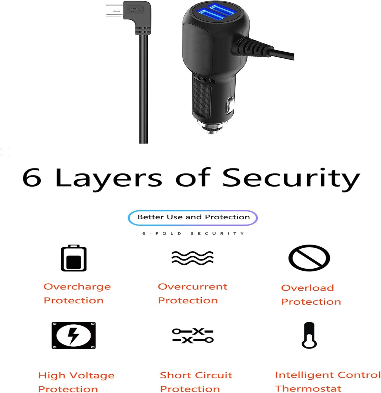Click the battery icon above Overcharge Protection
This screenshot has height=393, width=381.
coord(74,258)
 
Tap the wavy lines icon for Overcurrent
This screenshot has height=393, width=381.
coord(192,258)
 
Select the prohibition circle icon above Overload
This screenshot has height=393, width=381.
coord(309,258)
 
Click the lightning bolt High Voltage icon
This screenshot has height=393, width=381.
coord(74,335)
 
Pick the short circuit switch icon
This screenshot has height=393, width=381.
coord(193,336)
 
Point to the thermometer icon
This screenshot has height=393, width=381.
coord(309,335)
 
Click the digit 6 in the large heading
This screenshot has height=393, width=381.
coord(32,177)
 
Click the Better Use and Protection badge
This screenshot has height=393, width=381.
coord(193,217)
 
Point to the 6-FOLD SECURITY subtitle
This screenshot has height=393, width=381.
coord(193,233)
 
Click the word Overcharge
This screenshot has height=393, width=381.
coord(77,287)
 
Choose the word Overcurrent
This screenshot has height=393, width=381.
coord(193,287)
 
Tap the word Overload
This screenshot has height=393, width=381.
coord(308,288)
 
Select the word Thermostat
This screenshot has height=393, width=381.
coord(308,388)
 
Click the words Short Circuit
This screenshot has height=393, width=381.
coord(196,375)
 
